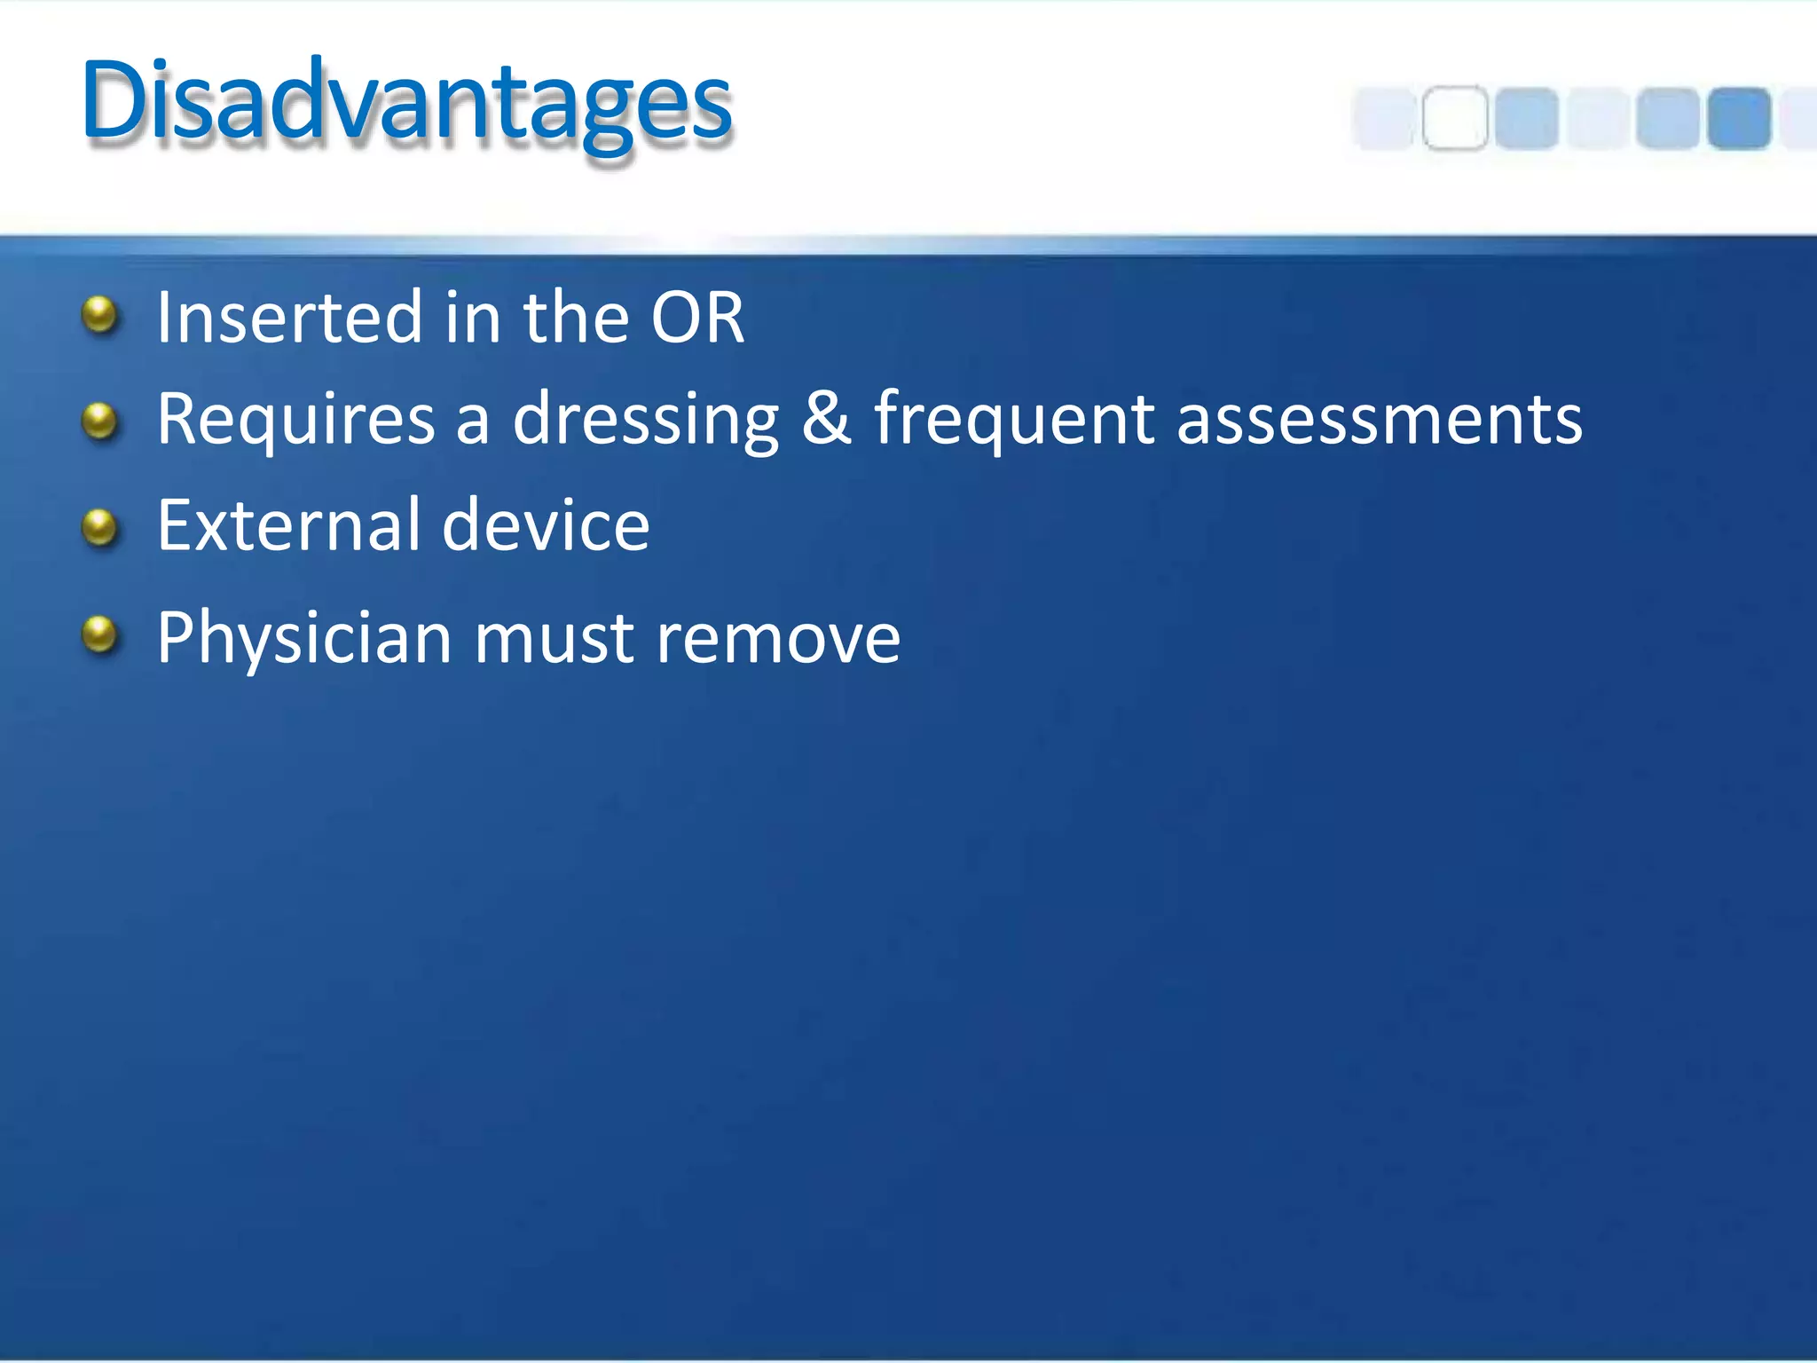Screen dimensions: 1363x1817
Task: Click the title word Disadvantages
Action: pyautogui.click(x=406, y=102)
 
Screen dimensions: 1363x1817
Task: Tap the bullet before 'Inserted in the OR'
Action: pyautogui.click(x=99, y=315)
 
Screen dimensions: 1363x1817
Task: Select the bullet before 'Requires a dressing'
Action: pyautogui.click(x=99, y=421)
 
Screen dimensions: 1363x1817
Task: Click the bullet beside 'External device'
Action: pyautogui.click(x=99, y=527)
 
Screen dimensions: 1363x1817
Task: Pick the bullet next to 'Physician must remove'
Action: pyautogui.click(x=99, y=634)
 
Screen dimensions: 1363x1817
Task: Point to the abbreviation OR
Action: pyautogui.click(x=697, y=318)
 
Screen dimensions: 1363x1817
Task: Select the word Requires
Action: pyautogui.click(x=295, y=419)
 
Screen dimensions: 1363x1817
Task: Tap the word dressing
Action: pyautogui.click(x=645, y=419)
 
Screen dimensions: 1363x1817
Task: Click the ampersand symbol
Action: pyautogui.click(x=825, y=419)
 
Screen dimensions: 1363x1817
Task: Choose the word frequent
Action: pyautogui.click(x=1014, y=419)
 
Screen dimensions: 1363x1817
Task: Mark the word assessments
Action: pyautogui.click(x=1379, y=419)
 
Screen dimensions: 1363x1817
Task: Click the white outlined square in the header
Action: pyautogui.click(x=1455, y=118)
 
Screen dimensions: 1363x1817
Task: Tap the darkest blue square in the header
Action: pyautogui.click(x=1739, y=118)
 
